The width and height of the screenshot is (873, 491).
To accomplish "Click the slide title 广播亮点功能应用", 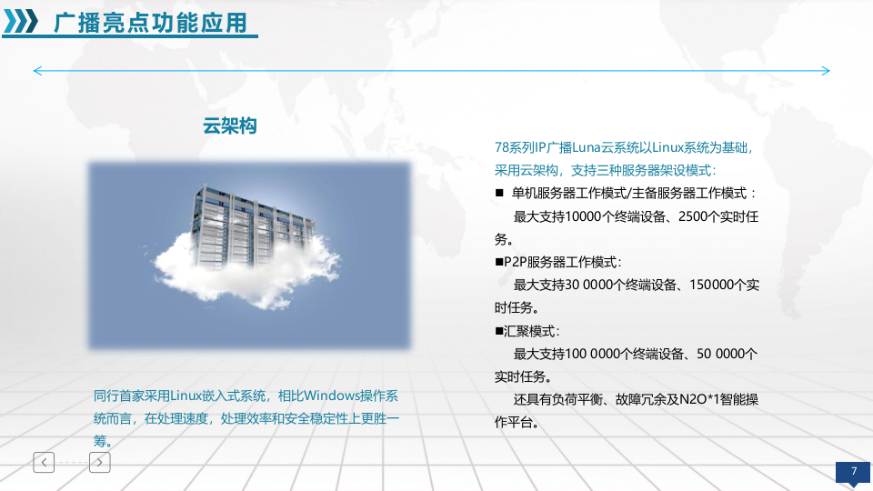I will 150,23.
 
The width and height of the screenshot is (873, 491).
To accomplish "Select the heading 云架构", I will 229,126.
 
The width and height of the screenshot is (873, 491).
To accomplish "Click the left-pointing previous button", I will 44,462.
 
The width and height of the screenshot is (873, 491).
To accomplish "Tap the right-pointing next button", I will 100,462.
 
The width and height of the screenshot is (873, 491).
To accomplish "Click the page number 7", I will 853,471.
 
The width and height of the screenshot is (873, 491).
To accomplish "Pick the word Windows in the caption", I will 331,396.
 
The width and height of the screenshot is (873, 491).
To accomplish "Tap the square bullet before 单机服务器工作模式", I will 499,194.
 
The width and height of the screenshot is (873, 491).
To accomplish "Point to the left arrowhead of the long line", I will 37,71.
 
